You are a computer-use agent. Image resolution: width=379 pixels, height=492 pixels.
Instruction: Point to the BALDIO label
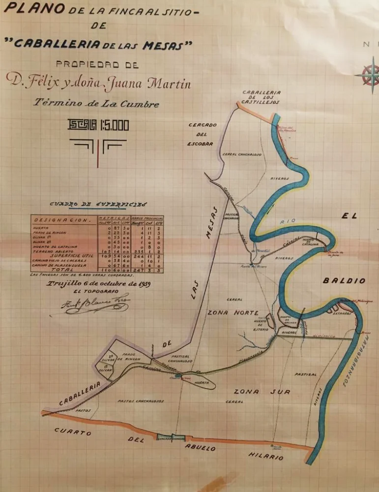pos(344,281)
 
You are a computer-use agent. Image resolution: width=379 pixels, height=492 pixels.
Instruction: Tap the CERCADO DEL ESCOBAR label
pos(202,134)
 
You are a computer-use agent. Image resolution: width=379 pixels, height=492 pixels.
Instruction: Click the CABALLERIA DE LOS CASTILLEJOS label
pos(261,97)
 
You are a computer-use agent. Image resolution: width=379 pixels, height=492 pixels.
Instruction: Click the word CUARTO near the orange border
pos(73,431)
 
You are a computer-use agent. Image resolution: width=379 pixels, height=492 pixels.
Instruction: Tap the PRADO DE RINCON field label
pos(132,356)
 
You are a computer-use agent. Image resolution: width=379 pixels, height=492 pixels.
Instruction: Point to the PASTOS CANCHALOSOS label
pos(141,401)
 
